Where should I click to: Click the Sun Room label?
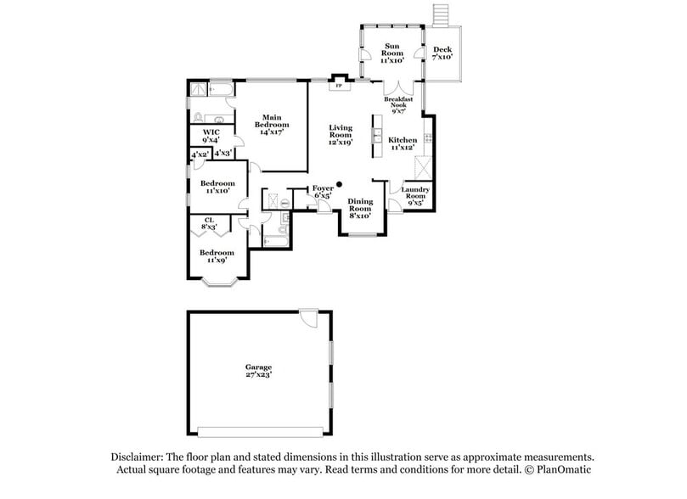391,53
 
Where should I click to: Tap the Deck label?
442,53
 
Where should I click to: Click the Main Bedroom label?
271,125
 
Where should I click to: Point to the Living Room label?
340,135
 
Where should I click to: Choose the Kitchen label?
403,144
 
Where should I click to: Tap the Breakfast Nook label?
399,105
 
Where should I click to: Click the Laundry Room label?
415,195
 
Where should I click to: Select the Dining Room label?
360,208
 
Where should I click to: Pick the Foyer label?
323,191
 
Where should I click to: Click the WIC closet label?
211,137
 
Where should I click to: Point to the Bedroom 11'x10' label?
217,187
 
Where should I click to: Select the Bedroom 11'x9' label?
217,255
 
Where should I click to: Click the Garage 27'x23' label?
258,370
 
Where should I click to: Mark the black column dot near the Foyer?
338,184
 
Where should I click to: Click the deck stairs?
441,14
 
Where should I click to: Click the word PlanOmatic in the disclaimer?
562,469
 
